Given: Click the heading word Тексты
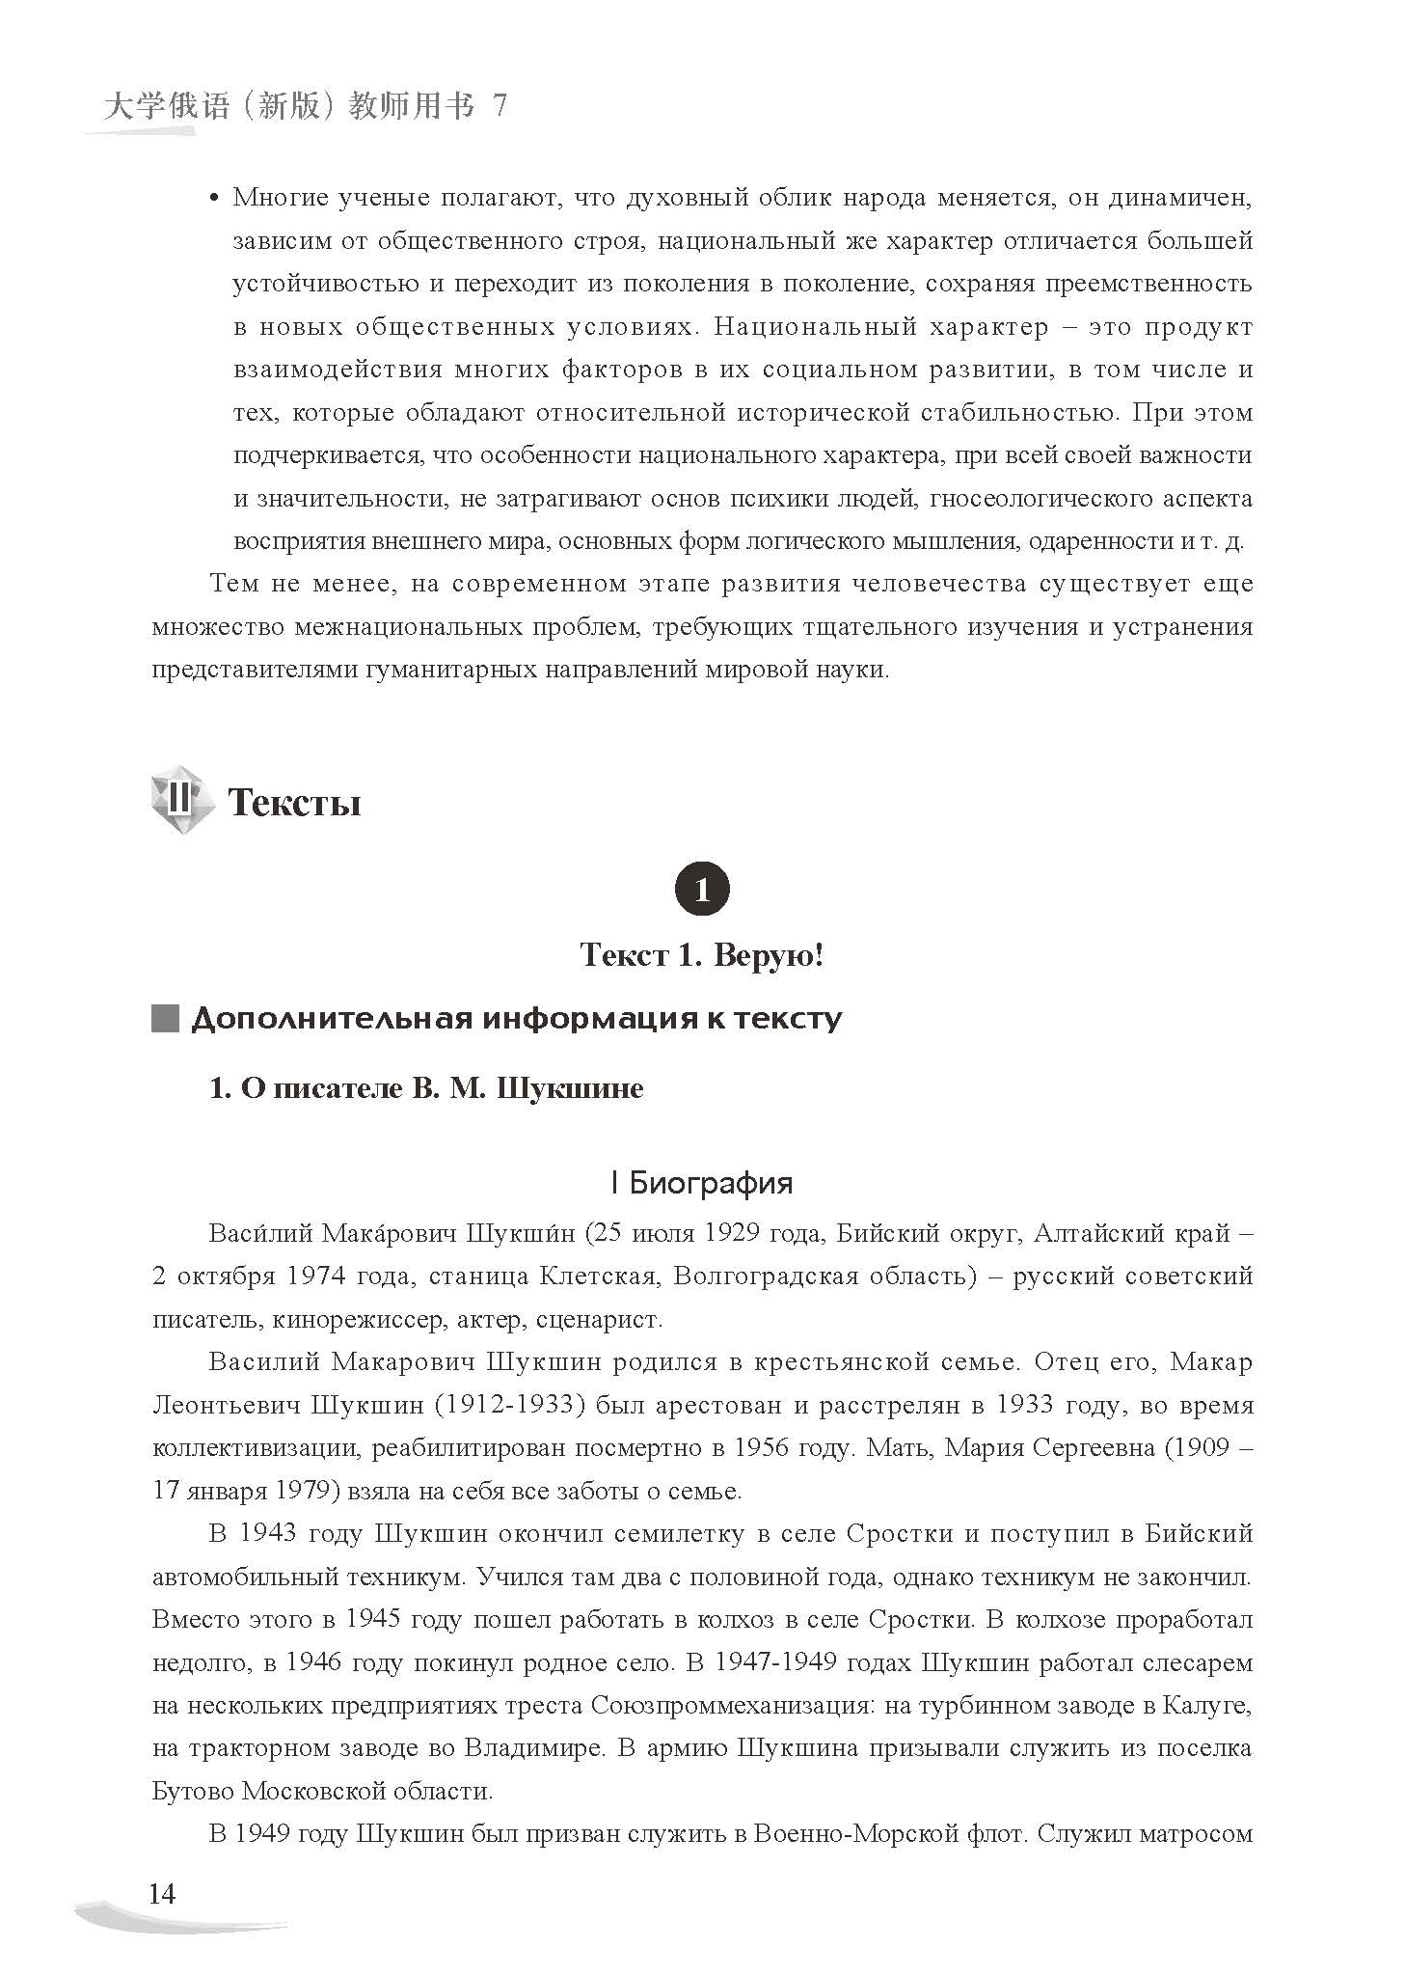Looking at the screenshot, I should point(294,803).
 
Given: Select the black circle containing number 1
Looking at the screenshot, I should point(701,888).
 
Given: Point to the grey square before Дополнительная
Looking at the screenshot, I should point(165,1020).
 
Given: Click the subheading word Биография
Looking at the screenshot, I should point(711,1183).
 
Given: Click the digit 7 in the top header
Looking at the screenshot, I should point(499,106).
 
